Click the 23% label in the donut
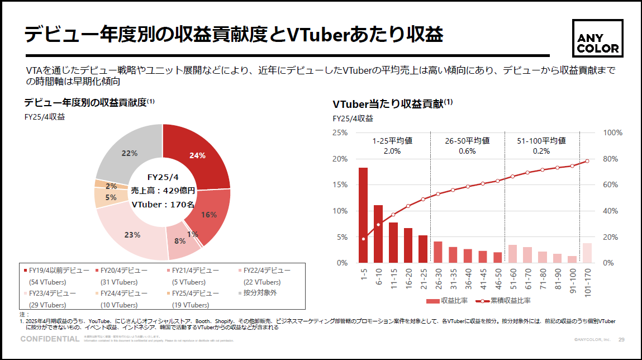click(132, 235)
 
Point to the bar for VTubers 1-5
click(363, 215)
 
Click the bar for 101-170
click(587, 253)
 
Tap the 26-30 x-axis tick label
click(438, 277)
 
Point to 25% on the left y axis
click(340, 132)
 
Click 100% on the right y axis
click(614, 132)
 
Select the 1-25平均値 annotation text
click(392, 140)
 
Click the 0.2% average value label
click(541, 151)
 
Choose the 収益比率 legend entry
click(444, 301)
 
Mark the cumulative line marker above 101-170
click(587, 161)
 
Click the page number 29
click(621, 340)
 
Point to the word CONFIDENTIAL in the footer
click(50, 339)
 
